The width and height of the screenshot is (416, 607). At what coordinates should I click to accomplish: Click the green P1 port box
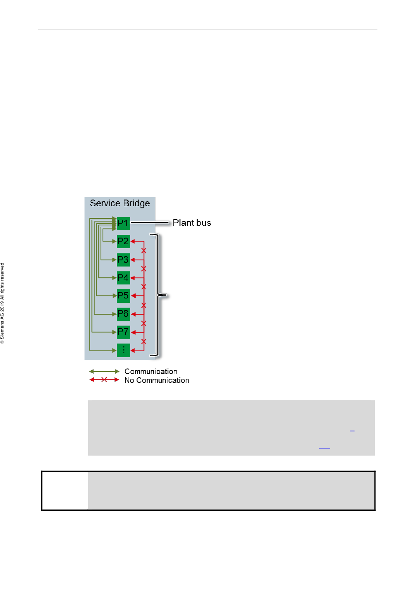123,223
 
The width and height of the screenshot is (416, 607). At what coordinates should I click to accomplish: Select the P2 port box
123,241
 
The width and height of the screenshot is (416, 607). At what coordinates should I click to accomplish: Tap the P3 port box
123,260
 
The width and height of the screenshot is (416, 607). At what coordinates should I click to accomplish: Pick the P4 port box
123,277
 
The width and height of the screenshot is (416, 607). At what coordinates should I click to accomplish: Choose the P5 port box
123,295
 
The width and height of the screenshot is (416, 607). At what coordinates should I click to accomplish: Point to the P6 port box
123,314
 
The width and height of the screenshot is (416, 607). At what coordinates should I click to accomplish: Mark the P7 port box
123,332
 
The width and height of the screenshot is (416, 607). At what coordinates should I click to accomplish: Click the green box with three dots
123,350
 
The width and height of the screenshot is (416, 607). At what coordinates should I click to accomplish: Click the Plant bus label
192,223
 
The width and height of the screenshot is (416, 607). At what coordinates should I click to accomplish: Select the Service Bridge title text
120,203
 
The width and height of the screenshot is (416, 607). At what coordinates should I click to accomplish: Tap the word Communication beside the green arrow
151,372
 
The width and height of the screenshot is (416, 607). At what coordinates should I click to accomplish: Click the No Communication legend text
156,380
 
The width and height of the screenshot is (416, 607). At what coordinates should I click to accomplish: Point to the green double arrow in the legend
104,372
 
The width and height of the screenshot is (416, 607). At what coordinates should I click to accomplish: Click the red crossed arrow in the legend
104,379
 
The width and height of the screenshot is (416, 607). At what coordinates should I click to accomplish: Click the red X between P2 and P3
144,251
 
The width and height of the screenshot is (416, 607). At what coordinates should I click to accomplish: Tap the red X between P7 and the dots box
144,341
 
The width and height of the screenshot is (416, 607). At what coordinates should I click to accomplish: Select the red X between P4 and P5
144,287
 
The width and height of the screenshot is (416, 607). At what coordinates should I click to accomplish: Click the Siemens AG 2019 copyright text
3,303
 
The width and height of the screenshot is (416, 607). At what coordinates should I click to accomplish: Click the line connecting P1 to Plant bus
149,223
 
